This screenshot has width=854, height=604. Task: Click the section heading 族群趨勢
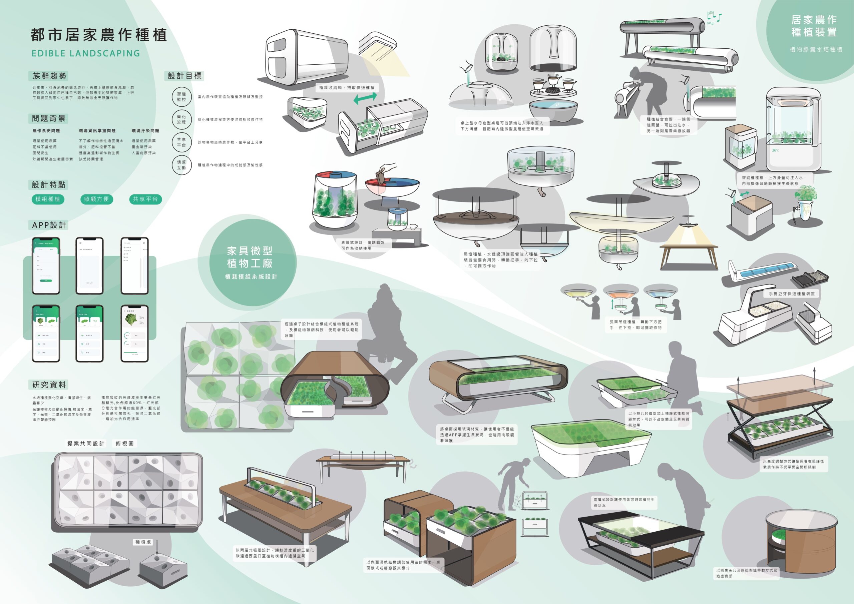pyautogui.click(x=49, y=76)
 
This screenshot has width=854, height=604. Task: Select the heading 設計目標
pyautogui.click(x=184, y=76)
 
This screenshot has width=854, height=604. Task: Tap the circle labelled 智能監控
pyautogui.click(x=181, y=97)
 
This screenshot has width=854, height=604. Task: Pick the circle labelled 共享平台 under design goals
pyautogui.click(x=181, y=142)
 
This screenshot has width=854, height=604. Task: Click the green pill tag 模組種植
pyautogui.click(x=48, y=199)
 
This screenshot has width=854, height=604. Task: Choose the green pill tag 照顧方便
pyautogui.click(x=96, y=199)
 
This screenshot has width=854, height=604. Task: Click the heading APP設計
pyautogui.click(x=49, y=225)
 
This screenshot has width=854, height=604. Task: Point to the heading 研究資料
pyautogui.click(x=49, y=385)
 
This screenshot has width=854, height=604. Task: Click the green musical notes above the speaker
pyautogui.click(x=714, y=17)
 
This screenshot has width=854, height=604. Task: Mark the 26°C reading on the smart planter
pyautogui.click(x=775, y=151)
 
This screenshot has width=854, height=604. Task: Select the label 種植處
pyautogui.click(x=143, y=542)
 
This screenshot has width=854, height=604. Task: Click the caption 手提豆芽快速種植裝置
pyautogui.click(x=792, y=294)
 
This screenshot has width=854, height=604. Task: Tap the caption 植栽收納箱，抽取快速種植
pyautogui.click(x=347, y=88)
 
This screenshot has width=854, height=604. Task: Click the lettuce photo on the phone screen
pyautogui.click(x=130, y=320)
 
